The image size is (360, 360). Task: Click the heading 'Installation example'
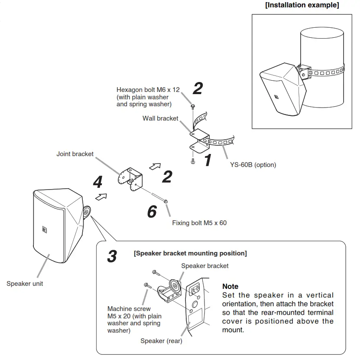point(302,5)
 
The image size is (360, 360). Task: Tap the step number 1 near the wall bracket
point(208,160)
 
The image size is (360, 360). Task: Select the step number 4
point(97,182)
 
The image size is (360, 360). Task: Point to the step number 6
point(152,211)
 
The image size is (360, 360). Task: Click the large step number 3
point(112,256)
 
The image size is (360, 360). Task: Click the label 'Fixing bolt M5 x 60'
point(199,223)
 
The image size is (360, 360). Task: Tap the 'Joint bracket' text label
point(75,154)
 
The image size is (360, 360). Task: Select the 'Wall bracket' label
point(160,118)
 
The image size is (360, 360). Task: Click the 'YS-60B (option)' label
point(253,165)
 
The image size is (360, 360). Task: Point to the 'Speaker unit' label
point(25,284)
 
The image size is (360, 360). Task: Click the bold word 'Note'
point(230,286)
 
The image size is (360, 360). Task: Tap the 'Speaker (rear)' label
point(161,341)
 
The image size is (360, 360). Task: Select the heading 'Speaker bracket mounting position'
point(190,253)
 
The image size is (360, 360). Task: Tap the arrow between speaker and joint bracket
point(101,197)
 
